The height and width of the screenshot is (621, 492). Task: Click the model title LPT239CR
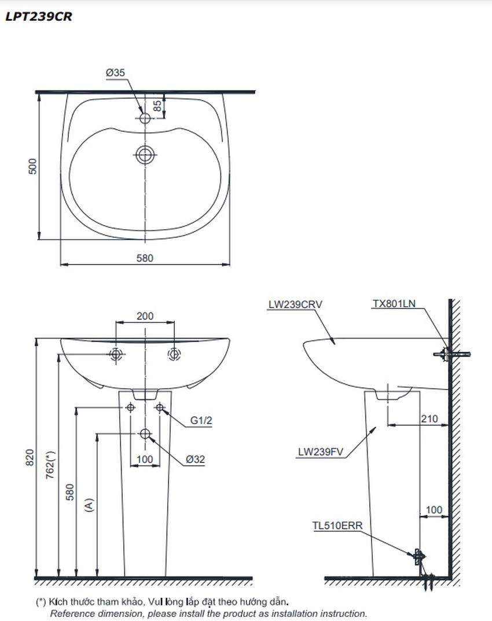tap(38, 17)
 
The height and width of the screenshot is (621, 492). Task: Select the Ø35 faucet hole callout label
tap(115, 72)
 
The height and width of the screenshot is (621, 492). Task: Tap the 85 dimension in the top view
tap(157, 106)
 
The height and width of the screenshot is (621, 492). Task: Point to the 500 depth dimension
tap(32, 166)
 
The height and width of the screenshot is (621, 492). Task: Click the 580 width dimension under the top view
tap(145, 258)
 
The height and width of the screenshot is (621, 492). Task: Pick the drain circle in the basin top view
tap(145, 155)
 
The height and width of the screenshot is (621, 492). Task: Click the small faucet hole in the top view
tap(145, 117)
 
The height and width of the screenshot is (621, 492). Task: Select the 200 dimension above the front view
tap(145, 316)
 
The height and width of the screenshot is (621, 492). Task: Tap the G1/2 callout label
tap(201, 420)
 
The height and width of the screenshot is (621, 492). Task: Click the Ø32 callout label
tap(196, 460)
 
